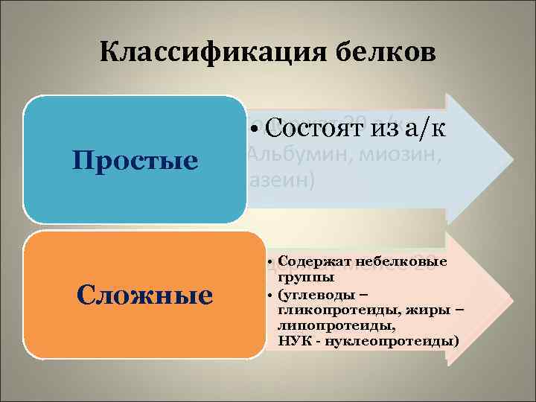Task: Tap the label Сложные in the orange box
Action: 145,296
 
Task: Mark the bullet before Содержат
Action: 269,263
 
